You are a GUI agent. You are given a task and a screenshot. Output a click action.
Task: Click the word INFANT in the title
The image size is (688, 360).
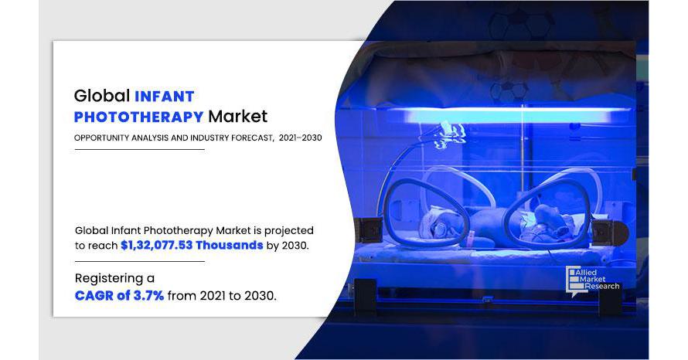click(x=165, y=96)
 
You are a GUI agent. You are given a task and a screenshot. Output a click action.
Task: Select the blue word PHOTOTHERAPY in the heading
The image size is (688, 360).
click(x=138, y=117)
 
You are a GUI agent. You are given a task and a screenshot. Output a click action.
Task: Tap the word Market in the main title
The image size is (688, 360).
click(x=237, y=116)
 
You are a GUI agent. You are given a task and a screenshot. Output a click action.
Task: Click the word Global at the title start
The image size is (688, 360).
click(x=102, y=96)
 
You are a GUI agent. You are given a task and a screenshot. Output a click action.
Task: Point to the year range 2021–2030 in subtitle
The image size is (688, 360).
click(x=300, y=138)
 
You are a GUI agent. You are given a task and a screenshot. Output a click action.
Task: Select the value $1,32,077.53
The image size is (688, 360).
click(x=157, y=245)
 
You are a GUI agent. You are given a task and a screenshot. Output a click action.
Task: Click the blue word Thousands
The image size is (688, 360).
click(x=229, y=245)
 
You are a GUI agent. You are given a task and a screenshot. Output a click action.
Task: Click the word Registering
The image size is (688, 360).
click(x=109, y=279)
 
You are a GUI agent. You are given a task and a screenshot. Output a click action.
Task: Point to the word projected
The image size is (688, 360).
click(x=288, y=231)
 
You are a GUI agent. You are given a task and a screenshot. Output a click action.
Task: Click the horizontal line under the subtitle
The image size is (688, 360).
click(x=139, y=150)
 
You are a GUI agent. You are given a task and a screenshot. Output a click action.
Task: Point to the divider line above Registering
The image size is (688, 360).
click(x=139, y=261)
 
